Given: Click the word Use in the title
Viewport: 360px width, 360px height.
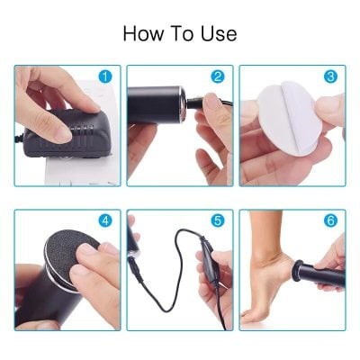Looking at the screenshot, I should coord(219,34).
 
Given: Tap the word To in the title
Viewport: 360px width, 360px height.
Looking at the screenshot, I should coord(183,34).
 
